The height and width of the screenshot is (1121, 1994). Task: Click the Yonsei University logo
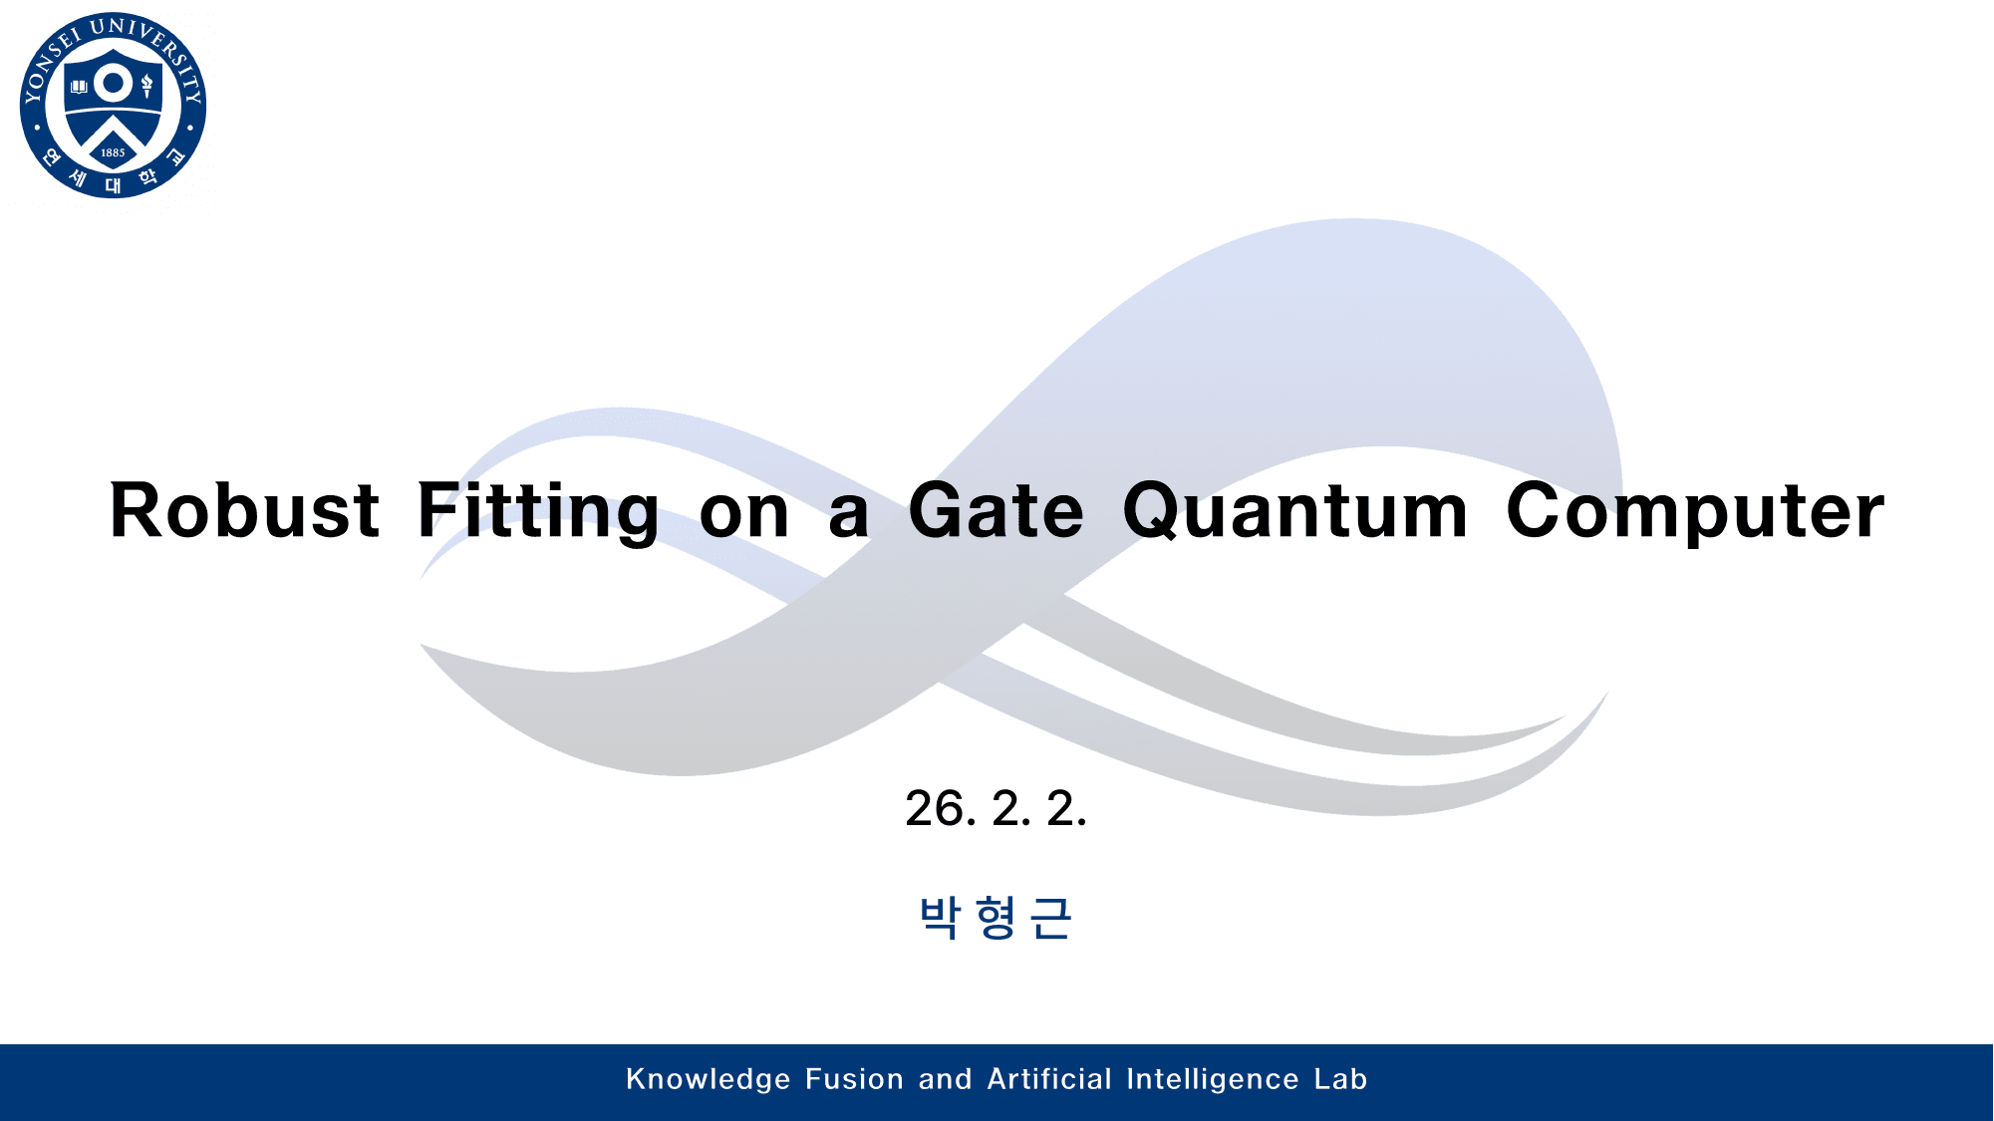113,105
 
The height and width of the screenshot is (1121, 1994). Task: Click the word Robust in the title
244,510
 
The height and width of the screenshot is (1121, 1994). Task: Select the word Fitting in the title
537,510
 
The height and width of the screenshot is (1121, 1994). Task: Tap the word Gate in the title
996,510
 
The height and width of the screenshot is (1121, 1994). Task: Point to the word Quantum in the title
1294,510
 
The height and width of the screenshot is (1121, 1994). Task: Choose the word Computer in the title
1694,510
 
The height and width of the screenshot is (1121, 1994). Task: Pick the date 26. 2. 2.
996,808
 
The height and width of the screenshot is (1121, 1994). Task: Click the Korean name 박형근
996,917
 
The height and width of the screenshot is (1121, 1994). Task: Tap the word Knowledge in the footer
708,1079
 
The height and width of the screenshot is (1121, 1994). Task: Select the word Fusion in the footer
854,1079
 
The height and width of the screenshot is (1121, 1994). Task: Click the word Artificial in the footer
1049,1079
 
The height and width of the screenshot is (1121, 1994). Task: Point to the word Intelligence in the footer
1213,1079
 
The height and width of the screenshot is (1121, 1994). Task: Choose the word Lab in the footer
1340,1079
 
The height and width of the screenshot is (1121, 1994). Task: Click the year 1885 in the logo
113,153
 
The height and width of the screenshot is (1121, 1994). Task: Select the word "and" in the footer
945,1079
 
